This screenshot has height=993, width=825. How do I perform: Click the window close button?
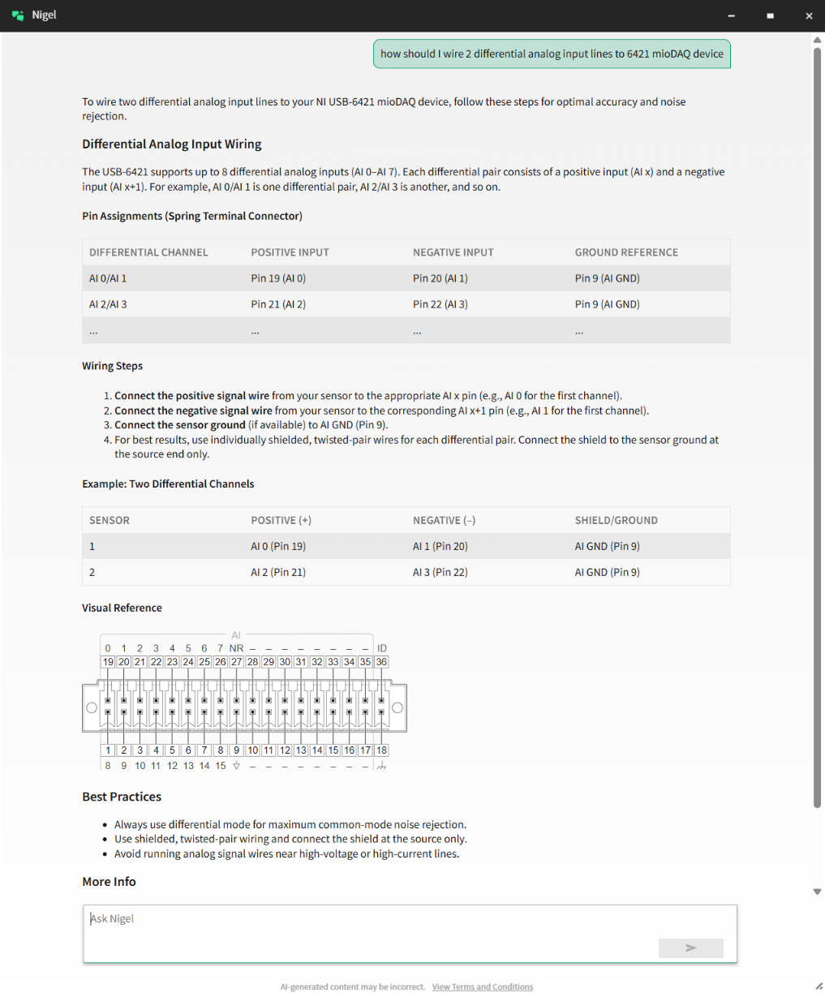[808, 15]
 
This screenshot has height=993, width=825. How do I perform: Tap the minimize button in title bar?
[731, 15]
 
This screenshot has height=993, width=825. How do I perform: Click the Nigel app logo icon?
[18, 15]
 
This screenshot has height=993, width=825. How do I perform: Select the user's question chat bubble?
[552, 54]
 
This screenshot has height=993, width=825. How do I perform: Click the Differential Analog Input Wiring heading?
[171, 144]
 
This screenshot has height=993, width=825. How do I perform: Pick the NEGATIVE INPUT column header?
[453, 252]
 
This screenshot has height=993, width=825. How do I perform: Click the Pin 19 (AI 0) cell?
[278, 278]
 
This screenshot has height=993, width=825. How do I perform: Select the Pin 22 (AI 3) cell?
[440, 304]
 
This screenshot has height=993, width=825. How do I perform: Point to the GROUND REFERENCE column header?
[626, 252]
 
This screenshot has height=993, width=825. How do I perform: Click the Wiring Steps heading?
[112, 366]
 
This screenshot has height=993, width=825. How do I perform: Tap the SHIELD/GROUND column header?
[616, 520]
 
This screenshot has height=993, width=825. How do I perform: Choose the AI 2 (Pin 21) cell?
[278, 572]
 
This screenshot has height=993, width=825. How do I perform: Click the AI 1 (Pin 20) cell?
[440, 546]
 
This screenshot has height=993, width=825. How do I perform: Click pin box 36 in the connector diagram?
[381, 662]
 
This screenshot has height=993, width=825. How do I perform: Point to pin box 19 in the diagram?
[108, 662]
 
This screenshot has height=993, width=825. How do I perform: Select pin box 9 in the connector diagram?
[236, 750]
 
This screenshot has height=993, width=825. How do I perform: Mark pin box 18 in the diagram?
[381, 750]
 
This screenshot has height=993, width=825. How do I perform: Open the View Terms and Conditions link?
[483, 987]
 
